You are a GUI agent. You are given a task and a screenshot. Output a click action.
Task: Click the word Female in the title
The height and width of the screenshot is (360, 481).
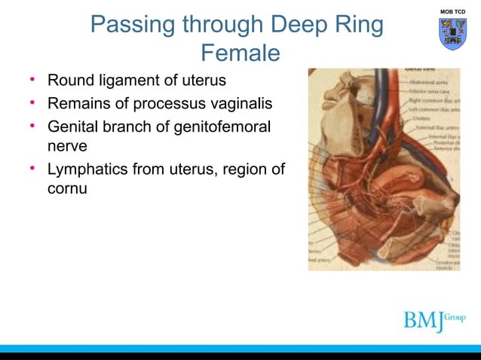[x=240, y=53]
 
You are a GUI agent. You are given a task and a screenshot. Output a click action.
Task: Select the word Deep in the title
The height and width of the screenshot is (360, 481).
[x=299, y=25]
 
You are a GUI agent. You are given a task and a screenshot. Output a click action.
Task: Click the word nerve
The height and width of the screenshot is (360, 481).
[x=67, y=145]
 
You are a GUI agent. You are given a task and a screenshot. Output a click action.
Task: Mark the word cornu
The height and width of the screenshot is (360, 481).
[x=67, y=188]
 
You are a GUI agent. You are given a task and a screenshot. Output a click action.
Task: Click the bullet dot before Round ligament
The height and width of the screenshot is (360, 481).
[x=32, y=79]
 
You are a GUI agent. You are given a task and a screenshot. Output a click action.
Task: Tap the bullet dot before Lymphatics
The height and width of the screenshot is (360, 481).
[x=32, y=169]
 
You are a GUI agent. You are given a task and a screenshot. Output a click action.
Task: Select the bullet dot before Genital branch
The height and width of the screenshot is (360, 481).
[x=32, y=126]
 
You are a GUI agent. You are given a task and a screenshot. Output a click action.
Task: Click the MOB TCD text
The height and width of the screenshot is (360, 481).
[x=452, y=12]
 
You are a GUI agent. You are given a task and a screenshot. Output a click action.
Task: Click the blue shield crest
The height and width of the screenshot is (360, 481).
[x=452, y=34]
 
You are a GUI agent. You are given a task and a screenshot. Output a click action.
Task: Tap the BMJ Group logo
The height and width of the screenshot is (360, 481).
[x=434, y=319]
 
